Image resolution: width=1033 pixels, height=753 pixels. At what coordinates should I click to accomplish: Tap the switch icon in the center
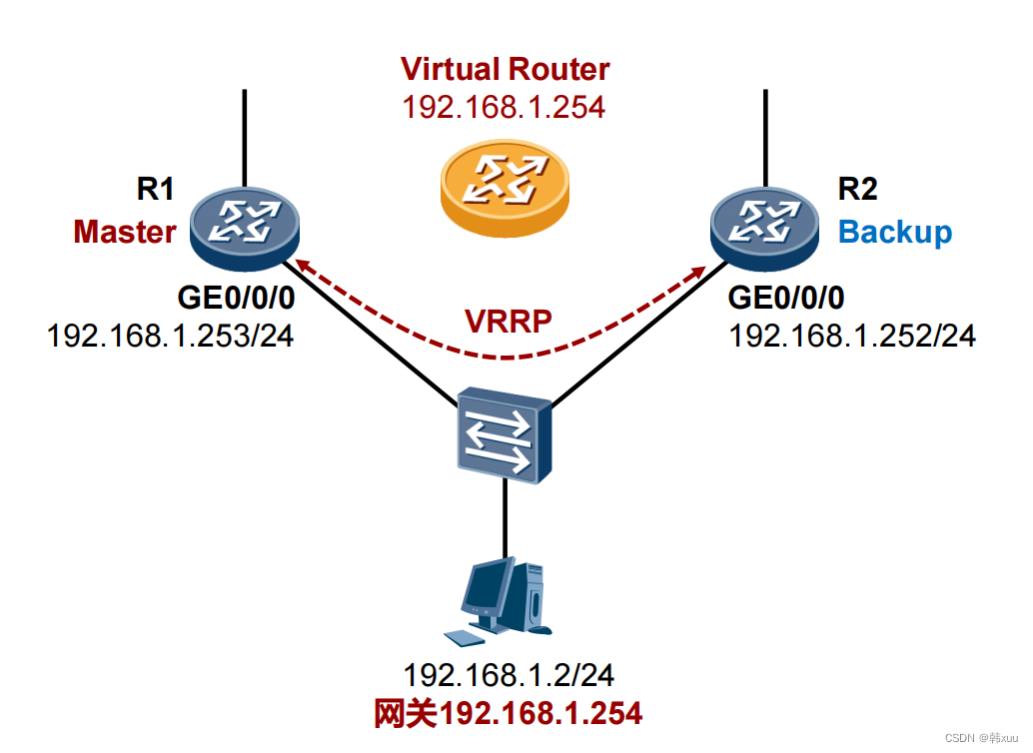click(x=504, y=436)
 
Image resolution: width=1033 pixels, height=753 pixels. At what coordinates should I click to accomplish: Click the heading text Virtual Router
click(x=505, y=69)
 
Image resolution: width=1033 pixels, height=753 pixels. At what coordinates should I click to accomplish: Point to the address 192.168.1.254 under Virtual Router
click(x=504, y=107)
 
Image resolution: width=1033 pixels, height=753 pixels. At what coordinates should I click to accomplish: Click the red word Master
click(x=125, y=232)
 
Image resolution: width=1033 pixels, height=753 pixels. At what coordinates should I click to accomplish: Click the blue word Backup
click(x=894, y=232)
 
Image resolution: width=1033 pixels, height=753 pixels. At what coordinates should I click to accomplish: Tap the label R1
click(x=155, y=190)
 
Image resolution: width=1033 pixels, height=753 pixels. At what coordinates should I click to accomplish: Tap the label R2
click(x=856, y=190)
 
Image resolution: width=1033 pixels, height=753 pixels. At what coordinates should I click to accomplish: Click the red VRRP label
click(x=509, y=321)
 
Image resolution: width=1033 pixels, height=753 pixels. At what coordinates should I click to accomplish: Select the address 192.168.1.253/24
click(x=170, y=336)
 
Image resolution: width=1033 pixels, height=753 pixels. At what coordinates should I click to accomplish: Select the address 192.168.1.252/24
click(x=852, y=336)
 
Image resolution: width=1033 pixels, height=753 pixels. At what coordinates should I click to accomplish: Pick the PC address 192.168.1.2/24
click(x=508, y=675)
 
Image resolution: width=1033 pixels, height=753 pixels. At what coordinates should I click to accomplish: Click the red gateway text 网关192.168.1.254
click(x=508, y=712)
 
